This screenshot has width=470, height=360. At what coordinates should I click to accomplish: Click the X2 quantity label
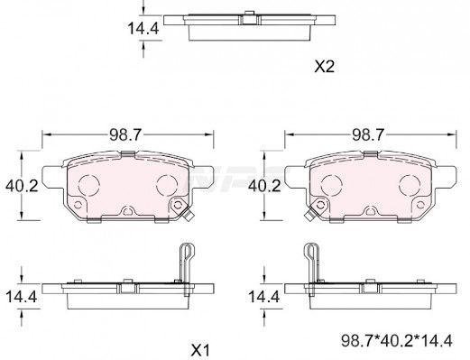click(324, 67)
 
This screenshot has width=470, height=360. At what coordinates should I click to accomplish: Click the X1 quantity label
click(200, 350)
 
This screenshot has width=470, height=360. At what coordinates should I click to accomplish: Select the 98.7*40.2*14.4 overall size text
click(397, 341)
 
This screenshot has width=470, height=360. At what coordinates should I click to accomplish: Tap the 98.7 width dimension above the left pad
click(124, 135)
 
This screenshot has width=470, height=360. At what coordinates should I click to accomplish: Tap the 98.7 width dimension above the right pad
click(368, 135)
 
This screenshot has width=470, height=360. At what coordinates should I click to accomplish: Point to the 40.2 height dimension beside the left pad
click(22, 186)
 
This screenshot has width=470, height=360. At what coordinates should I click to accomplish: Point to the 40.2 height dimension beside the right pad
click(264, 186)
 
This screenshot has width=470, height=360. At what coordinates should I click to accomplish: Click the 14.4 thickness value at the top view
click(143, 29)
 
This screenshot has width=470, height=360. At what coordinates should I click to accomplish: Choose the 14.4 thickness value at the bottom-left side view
click(21, 297)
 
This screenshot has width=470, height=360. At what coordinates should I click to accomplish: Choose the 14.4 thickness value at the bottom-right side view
click(264, 297)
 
